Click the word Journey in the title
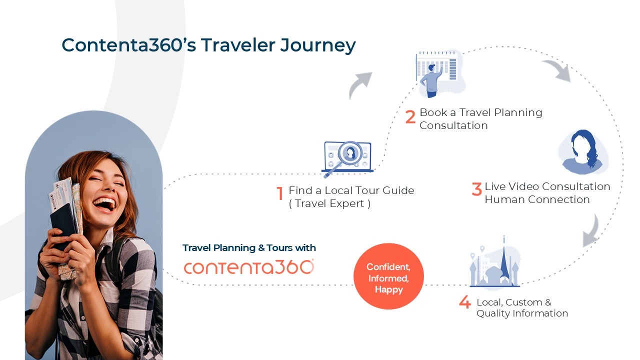tap(317, 45)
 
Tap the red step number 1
tap(280, 193)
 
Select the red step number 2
tap(410, 116)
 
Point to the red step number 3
tap(476, 189)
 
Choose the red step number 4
tap(465, 302)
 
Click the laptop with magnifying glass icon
tap(347, 159)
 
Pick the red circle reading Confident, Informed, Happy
tap(388, 276)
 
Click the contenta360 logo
tap(249, 267)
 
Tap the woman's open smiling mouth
tap(104, 204)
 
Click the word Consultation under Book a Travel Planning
tap(453, 125)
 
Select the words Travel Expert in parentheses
tap(329, 203)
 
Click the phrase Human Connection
tap(537, 199)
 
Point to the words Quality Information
tap(522, 313)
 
